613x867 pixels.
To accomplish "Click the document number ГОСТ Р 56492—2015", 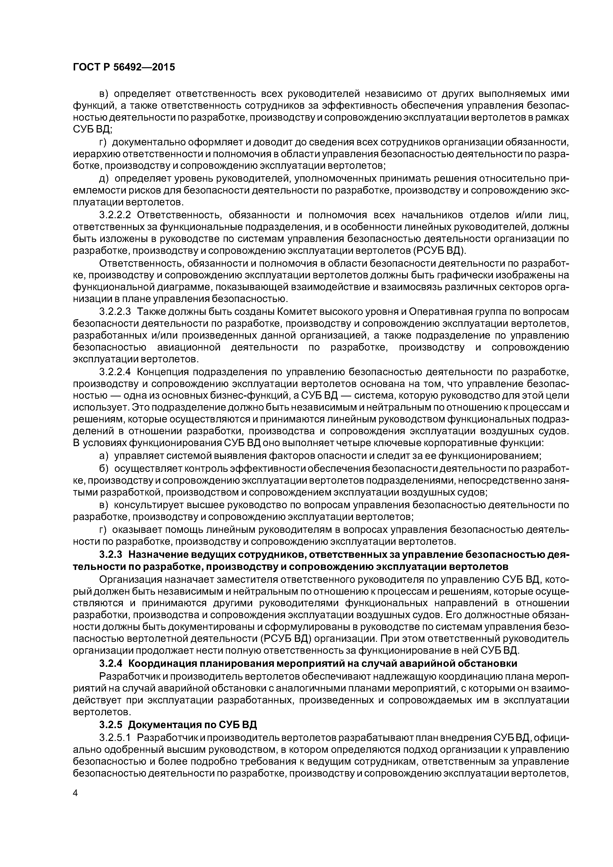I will point(124,67).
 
